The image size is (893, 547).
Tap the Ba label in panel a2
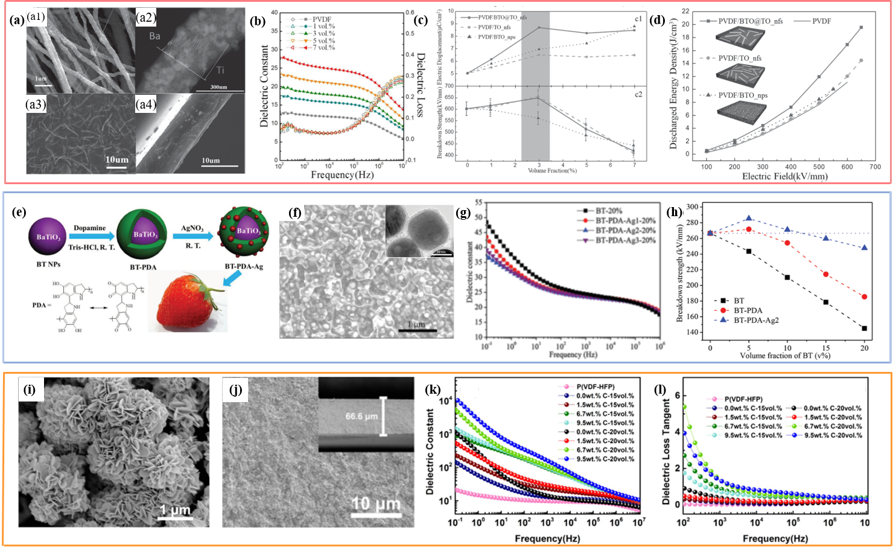[154, 36]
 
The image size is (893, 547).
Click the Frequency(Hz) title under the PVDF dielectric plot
[342, 175]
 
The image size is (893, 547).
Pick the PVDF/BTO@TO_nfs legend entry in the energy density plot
[750, 21]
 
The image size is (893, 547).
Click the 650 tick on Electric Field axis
[860, 166]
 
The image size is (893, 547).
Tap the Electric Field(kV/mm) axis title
[784, 176]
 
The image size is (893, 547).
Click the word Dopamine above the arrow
[89, 228]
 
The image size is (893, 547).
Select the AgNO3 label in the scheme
[193, 228]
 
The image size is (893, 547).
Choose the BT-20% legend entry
[609, 211]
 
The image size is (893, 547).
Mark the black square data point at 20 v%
[865, 328]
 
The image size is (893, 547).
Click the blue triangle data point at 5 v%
[749, 218]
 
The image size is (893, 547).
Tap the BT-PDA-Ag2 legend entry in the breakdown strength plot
[756, 320]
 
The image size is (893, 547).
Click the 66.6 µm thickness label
[362, 417]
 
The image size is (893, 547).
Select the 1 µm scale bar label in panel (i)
[175, 510]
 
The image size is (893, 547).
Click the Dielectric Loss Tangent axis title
[666, 452]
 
